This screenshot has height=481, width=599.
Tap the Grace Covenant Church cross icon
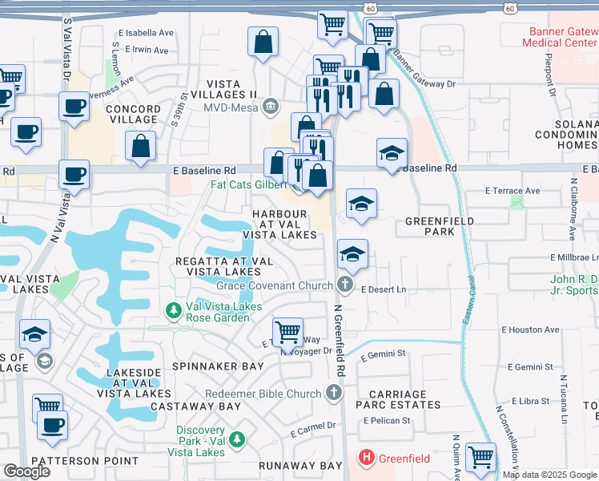pos(345,285)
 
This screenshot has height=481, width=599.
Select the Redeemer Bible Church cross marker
pos(334,393)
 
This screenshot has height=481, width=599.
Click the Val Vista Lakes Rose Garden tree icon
pos(172,309)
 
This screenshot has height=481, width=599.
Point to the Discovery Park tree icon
pos(236,439)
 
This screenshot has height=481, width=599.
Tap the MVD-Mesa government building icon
pos(271,106)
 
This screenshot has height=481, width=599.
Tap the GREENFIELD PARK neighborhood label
pos(440,226)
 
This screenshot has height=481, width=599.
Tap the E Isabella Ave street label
pos(145,34)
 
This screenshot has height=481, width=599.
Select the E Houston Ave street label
pos(530,329)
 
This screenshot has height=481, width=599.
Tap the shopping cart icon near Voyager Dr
pos(287,331)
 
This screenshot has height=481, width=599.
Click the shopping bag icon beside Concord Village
pos(141,147)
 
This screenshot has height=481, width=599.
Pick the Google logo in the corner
pos(26,471)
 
